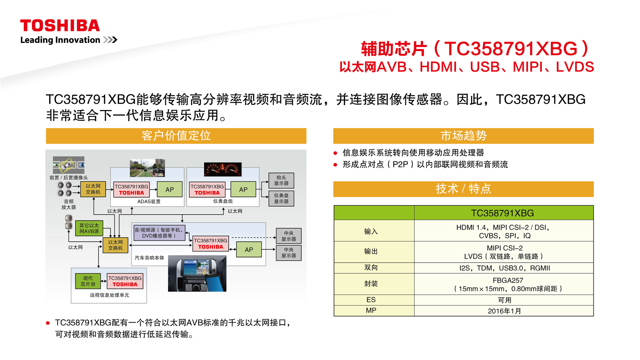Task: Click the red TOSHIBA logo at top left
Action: click(x=60, y=26)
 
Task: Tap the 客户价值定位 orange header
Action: click(x=176, y=136)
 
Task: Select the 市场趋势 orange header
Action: click(x=463, y=136)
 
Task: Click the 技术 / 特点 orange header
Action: click(x=463, y=189)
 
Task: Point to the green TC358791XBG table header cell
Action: click(x=504, y=213)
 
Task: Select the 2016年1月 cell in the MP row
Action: click(x=504, y=311)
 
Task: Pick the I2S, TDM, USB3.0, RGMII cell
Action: click(x=504, y=268)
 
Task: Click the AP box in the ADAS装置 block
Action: click(x=170, y=189)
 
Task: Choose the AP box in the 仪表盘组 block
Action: click(x=243, y=189)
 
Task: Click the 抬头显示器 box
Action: click(x=281, y=180)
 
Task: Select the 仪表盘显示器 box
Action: click(x=281, y=198)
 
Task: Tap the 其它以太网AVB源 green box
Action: click(x=89, y=228)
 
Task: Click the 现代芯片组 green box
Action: click(x=88, y=281)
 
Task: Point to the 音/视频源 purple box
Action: click(x=159, y=233)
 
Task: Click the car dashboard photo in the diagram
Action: click(x=197, y=273)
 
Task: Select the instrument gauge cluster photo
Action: click(x=223, y=169)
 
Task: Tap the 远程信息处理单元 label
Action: click(x=109, y=295)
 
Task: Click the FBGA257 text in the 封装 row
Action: click(x=508, y=280)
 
